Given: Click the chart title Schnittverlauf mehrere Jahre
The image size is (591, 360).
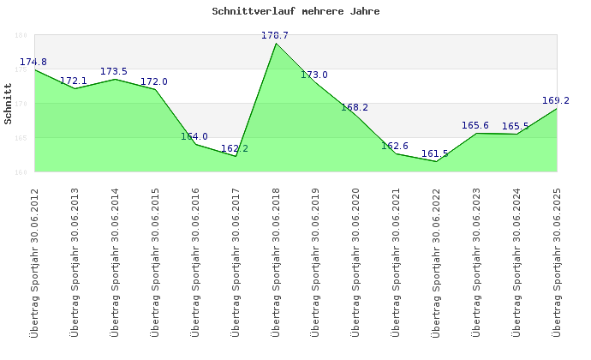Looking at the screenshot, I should pos(295,12).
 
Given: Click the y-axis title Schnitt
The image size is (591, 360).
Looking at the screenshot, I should pos(8,104).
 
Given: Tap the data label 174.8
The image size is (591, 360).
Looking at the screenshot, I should pos(33,63).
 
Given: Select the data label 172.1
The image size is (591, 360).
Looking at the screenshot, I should pos(74,81).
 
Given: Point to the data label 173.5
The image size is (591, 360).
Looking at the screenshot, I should pos(114,72).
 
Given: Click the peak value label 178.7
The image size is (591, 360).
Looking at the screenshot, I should pos(275,36).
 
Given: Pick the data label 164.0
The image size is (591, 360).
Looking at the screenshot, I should pos(194,137).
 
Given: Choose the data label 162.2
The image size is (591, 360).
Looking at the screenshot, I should pos(235,149).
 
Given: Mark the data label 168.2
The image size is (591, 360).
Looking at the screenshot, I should pos(355,108).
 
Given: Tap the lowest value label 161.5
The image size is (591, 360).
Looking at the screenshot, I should pos(435,154).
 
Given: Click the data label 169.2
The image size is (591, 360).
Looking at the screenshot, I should pos(556,101).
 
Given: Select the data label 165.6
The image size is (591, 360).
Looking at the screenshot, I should pos(475,126).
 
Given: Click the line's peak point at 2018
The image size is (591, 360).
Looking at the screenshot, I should pos(276,44).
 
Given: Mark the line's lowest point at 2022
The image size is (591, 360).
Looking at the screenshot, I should pos(436,161).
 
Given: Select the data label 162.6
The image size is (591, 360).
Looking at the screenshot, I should pos(395,147).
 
